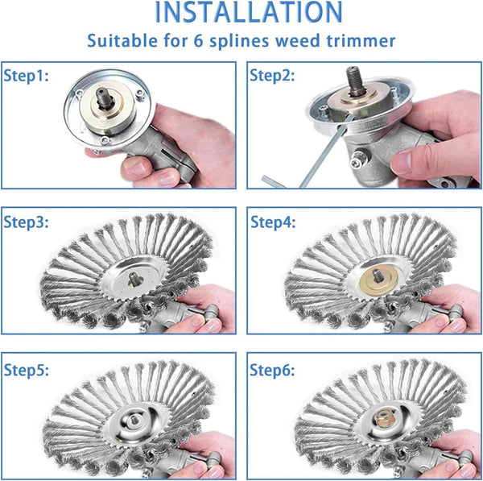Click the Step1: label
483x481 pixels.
click(27, 77)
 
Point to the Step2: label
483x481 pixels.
click(272, 77)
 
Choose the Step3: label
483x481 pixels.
click(27, 222)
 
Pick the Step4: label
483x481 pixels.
click(272, 222)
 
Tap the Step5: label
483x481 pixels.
click(27, 371)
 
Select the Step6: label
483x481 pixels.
click(272, 371)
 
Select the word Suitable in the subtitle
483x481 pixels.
click(118, 40)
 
